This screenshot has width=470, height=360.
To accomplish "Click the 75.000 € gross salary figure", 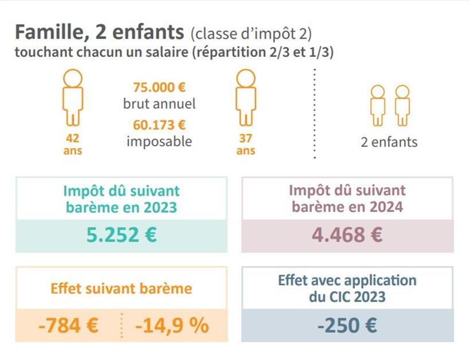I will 159,88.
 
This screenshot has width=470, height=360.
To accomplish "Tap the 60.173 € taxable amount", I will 159,124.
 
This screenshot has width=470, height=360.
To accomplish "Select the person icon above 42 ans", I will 73,97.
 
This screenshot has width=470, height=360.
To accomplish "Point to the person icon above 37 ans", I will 245,97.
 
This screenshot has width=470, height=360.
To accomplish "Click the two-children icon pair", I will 390,105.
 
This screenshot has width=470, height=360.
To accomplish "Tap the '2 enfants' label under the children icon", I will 389,142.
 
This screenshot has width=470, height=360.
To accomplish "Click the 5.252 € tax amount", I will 122,235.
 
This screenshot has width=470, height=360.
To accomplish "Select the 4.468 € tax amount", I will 347,235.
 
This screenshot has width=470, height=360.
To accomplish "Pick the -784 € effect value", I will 68,326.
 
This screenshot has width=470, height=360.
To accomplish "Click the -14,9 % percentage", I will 172,326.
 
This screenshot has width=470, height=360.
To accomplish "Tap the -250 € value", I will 347,326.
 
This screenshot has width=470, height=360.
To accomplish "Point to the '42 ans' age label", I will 73,144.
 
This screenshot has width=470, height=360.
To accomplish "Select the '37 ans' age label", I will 245,144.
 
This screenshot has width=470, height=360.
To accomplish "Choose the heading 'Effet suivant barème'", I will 122,288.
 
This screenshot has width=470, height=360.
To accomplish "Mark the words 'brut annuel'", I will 159,104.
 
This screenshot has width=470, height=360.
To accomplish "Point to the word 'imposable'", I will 159,140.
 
